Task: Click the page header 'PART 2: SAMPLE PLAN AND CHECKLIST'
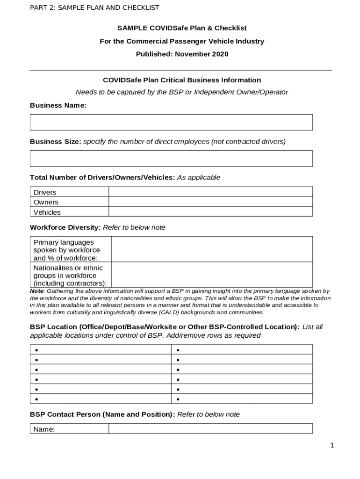(94, 7)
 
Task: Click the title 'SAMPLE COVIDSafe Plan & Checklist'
(182, 28)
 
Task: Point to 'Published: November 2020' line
(182, 54)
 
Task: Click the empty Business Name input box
(171, 122)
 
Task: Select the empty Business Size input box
(171, 159)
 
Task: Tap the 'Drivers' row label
(45, 192)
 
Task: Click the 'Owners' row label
(46, 202)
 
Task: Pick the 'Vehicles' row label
(47, 212)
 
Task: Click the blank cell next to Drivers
(210, 192)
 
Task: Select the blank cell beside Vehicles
(210, 212)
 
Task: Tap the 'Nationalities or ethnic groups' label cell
(70, 275)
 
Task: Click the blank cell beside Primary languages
(211, 249)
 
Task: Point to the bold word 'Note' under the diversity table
(37, 291)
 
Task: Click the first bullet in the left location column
(36, 350)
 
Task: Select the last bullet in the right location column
(178, 399)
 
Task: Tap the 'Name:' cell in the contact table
(44, 429)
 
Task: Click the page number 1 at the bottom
(332, 445)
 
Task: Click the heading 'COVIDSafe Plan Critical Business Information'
(182, 80)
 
